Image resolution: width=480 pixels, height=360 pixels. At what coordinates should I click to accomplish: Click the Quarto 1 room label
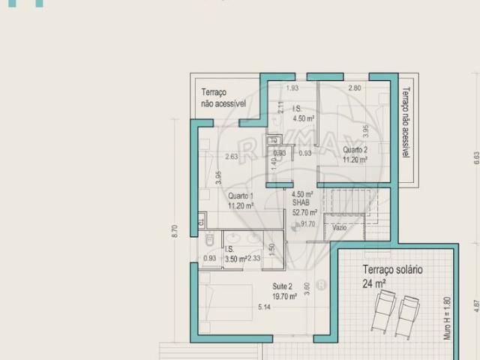pos(241,199)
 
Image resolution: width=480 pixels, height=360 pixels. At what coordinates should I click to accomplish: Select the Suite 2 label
pos(283,291)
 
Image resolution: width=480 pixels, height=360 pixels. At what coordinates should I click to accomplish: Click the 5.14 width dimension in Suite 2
pos(264,307)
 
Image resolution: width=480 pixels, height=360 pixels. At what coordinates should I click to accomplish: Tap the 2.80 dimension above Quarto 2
pos(354,88)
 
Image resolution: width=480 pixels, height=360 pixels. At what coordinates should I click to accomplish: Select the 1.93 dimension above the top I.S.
pos(291,88)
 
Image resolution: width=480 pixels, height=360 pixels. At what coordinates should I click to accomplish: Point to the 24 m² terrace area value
pos(374,283)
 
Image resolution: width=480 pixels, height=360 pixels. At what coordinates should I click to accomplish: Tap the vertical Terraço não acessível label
pos(404,123)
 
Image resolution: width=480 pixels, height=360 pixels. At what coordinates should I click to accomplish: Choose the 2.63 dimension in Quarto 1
pos(231,157)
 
